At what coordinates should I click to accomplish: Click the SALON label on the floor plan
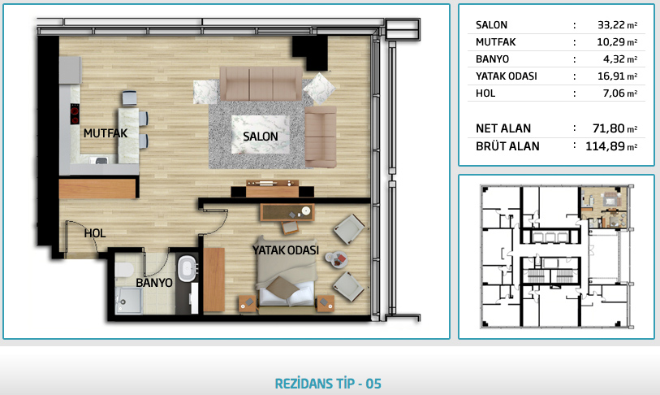(260, 137)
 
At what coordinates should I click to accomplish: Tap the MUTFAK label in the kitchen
(106, 133)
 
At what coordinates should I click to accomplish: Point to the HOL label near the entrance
(95, 233)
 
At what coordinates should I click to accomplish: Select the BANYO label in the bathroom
(154, 283)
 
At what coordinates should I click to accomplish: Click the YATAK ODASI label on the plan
(286, 250)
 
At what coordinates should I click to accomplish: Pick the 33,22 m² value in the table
(618, 25)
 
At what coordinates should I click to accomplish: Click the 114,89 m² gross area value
(611, 146)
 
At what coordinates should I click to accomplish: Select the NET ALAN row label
(503, 128)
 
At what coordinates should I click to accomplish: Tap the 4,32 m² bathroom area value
(620, 59)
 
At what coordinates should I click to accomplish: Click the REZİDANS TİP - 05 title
(328, 384)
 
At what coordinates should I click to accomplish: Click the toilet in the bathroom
(124, 269)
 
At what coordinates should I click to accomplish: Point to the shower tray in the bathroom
(129, 301)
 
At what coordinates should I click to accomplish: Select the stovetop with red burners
(75, 114)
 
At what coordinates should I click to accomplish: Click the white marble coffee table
(261, 135)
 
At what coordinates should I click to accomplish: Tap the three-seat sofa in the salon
(261, 84)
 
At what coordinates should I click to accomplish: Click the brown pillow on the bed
(283, 288)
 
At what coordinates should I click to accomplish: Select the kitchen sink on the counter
(101, 160)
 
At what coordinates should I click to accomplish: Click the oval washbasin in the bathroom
(188, 269)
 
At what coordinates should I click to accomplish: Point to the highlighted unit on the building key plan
(604, 207)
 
